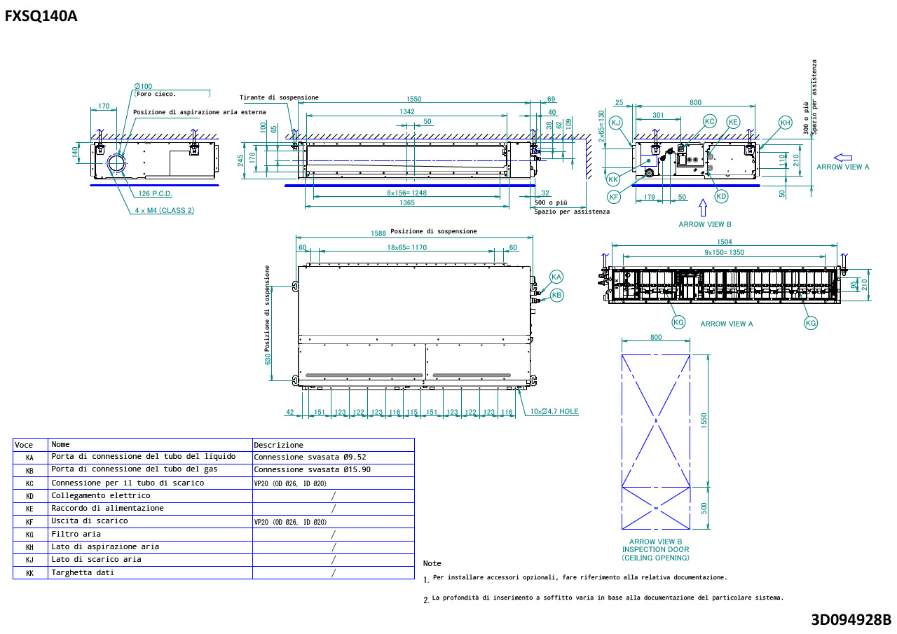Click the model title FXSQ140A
coord(41,16)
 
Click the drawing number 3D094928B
coord(851,619)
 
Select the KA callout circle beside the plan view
coord(556,277)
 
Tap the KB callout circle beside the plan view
coord(557,296)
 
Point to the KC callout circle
coord(709,121)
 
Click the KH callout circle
coord(785,123)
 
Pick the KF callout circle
coord(614,197)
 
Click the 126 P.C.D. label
coord(155,193)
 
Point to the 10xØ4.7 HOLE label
coord(554,411)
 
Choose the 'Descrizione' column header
coord(278,445)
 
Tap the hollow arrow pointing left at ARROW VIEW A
coord(842,158)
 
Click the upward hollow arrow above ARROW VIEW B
coord(703,207)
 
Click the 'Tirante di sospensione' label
coord(279,97)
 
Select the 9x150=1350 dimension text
coord(724,252)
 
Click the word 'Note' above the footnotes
coord(432,563)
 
